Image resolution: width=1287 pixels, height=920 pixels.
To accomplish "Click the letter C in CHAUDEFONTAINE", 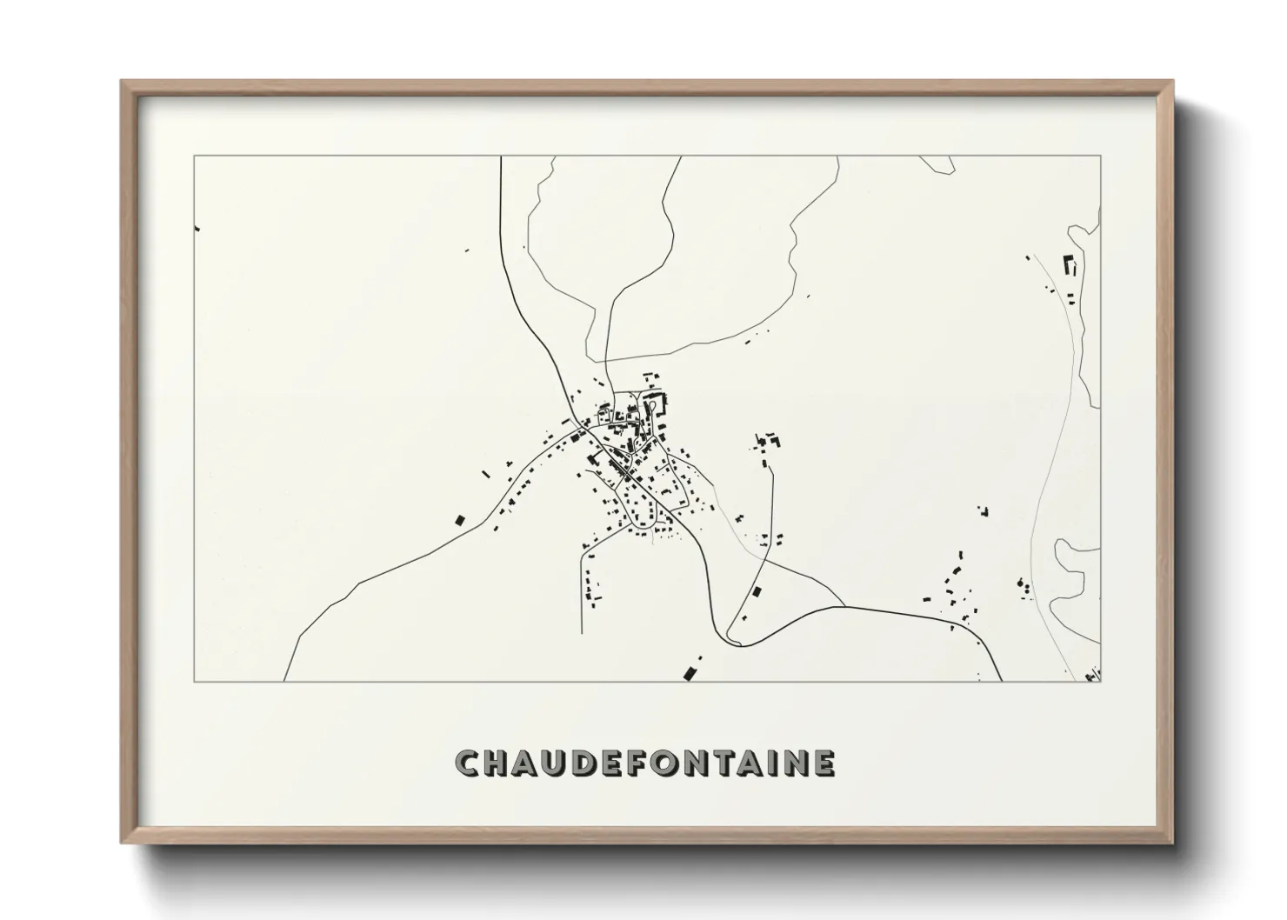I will click(x=467, y=763).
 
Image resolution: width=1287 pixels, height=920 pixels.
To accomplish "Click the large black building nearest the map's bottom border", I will click(x=691, y=671).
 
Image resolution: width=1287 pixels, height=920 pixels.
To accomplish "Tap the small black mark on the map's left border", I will click(x=197, y=228).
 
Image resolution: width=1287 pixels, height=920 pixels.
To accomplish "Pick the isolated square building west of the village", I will click(x=460, y=520).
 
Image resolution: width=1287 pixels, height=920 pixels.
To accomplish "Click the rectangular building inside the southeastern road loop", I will click(x=756, y=592).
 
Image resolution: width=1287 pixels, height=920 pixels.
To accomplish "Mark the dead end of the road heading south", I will click(x=582, y=633).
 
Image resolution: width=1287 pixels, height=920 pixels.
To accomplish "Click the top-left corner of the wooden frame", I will click(x=122, y=81).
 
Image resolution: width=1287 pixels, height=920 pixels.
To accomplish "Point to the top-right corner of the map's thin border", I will click(x=1101, y=157).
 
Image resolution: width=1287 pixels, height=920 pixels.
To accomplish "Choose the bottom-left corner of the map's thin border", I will click(x=194, y=681).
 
